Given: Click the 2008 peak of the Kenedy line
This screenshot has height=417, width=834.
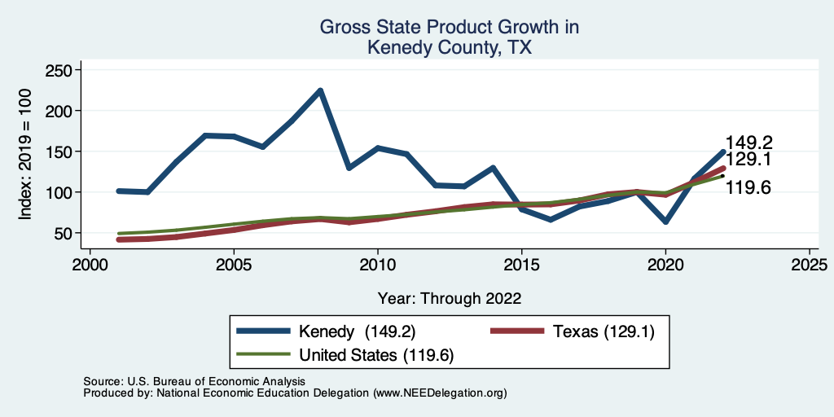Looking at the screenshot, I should pos(320,90).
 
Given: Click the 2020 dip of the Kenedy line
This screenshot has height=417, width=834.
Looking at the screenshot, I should pos(665,222).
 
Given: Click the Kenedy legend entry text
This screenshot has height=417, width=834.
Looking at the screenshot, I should pos(358,331).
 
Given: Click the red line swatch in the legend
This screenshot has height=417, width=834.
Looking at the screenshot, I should pos(517,331).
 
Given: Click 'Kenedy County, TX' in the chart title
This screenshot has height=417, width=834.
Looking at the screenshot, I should pos(450,47).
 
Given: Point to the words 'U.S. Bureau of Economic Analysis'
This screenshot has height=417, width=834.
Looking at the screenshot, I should pos(215,381).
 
